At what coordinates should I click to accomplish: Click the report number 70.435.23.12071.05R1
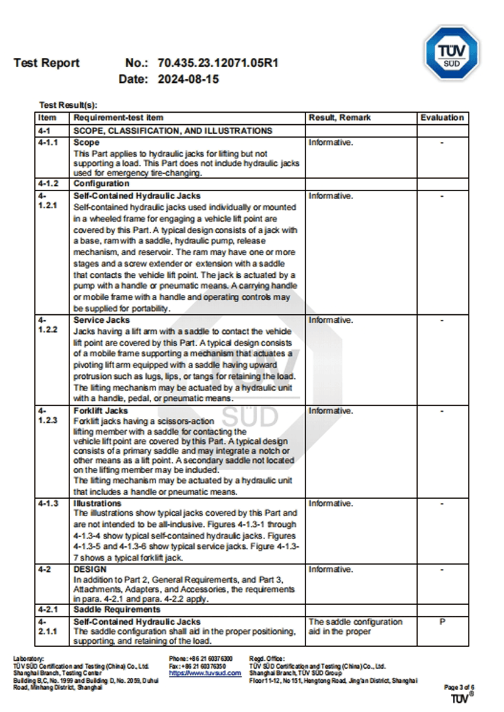pyautogui.click(x=218, y=63)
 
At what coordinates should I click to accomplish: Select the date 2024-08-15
pyautogui.click(x=188, y=79)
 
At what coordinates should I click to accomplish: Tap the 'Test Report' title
pyautogui.click(x=46, y=63)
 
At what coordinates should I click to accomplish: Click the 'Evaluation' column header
pyautogui.click(x=442, y=118)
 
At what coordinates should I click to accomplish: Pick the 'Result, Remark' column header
pyautogui.click(x=339, y=118)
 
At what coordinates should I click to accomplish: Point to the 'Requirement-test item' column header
pyautogui.click(x=118, y=118)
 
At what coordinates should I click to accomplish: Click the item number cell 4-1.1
pyautogui.click(x=48, y=143)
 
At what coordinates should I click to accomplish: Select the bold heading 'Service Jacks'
pyautogui.click(x=102, y=320)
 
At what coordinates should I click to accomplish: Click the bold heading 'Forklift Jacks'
pyautogui.click(x=101, y=411)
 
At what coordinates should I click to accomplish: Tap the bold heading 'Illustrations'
pyautogui.click(x=98, y=504)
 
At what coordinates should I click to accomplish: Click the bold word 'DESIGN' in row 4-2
pyautogui.click(x=90, y=569)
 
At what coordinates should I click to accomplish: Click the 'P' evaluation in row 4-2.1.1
pyautogui.click(x=442, y=622)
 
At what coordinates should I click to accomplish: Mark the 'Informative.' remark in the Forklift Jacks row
pyautogui.click(x=331, y=411)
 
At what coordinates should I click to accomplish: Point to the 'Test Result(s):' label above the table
pyautogui.click(x=68, y=105)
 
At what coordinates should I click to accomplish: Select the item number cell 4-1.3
pyautogui.click(x=48, y=504)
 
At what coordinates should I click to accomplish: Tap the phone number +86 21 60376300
pyautogui.click(x=201, y=659)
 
